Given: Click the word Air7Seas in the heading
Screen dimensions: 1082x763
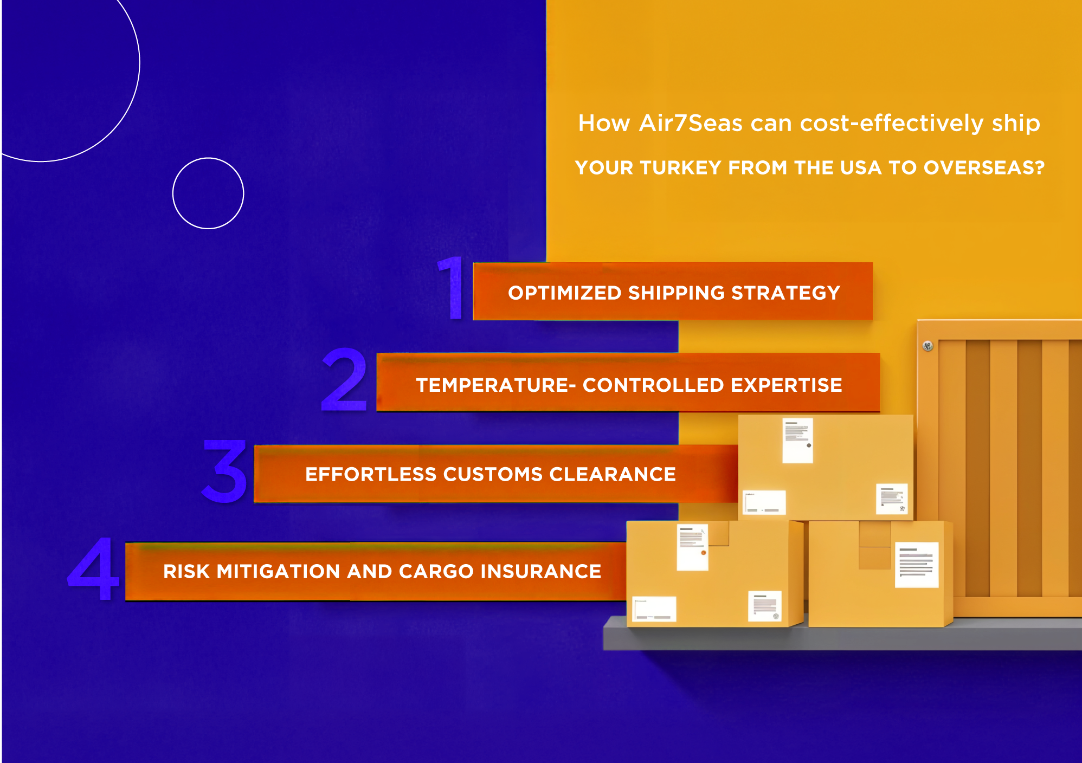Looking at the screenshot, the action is [691, 123].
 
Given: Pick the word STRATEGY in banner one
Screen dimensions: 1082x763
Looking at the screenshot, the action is [785, 293].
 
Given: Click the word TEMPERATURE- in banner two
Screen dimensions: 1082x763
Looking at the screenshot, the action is [496, 385].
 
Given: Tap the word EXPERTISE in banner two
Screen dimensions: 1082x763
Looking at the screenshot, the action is [787, 385].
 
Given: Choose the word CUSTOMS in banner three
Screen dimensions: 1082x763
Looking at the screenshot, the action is [493, 475].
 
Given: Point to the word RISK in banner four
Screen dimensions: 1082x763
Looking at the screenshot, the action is [186, 572].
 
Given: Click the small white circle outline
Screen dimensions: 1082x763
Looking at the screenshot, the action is [208, 158].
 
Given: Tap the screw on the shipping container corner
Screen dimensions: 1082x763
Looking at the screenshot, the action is [928, 346].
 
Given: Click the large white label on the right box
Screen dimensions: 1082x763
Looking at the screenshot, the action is [917, 565].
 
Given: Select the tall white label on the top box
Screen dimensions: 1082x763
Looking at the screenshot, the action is [798, 440].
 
